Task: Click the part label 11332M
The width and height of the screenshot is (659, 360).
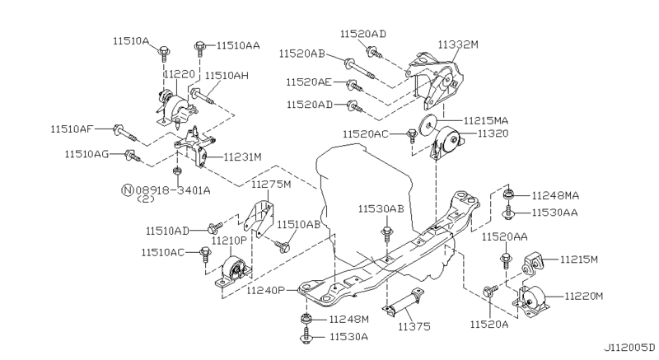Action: (458, 44)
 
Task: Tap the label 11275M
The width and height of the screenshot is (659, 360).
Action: (271, 184)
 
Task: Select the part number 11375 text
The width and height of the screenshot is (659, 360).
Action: (414, 326)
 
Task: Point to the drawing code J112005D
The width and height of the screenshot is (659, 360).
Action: (629, 348)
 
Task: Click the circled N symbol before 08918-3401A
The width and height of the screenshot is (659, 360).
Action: (128, 190)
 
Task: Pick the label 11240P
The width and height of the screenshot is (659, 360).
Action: (265, 290)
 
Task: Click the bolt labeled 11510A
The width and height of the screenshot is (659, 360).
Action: (164, 54)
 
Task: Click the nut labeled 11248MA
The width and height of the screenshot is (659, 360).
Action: (508, 194)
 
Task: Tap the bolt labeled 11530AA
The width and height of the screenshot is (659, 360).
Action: (509, 213)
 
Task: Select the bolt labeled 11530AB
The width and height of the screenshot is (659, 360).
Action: (386, 235)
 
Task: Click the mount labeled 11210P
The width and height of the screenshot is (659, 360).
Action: (234, 272)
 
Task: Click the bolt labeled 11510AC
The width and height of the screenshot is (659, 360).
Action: (205, 255)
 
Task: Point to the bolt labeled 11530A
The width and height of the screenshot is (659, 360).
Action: (306, 336)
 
